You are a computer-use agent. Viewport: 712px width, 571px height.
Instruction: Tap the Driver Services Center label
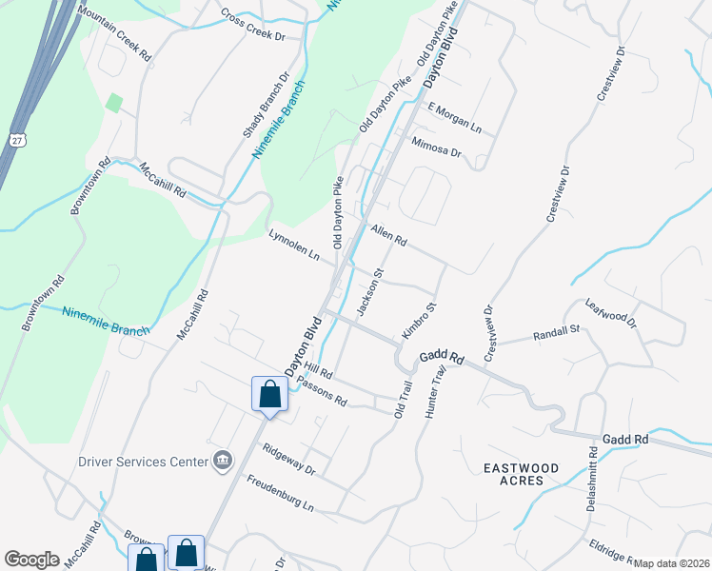coord(143,462)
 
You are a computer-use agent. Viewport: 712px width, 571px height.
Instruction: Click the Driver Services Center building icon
coord(224,461)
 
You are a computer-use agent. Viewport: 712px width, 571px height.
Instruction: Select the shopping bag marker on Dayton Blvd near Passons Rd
coord(269,394)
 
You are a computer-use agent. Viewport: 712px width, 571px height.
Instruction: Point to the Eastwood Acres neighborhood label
coord(513,474)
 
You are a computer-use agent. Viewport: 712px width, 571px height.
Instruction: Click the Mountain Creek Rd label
coord(114,35)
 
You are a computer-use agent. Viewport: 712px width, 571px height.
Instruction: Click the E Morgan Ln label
coord(455,117)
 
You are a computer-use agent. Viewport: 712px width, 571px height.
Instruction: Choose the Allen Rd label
coord(388,235)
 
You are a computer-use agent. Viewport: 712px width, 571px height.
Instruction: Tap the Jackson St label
coord(368,292)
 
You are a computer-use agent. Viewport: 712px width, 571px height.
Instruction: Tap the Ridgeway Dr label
coord(288,460)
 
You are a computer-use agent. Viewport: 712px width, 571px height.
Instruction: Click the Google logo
coord(32,559)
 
